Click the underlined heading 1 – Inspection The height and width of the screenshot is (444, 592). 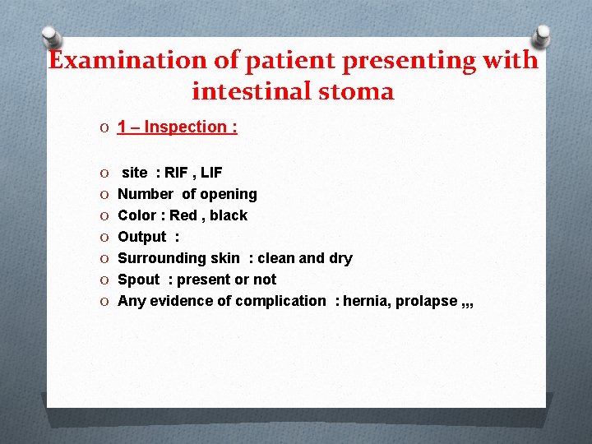pos(177,127)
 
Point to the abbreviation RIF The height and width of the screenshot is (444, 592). pos(176,173)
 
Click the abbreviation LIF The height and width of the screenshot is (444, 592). pos(210,173)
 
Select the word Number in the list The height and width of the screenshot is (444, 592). pos(146,194)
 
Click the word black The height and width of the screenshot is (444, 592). pos(229,215)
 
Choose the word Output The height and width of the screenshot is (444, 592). pos(141,237)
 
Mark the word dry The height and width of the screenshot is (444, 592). pos(340,258)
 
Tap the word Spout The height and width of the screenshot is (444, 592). pos(138,280)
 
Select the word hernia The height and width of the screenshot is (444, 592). pos(365,301)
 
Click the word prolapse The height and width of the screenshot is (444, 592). pos(428,301)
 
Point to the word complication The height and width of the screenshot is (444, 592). pos(280,301)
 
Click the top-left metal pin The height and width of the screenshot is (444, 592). pos(51,38)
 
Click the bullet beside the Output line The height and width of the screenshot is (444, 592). pos(101,237)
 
